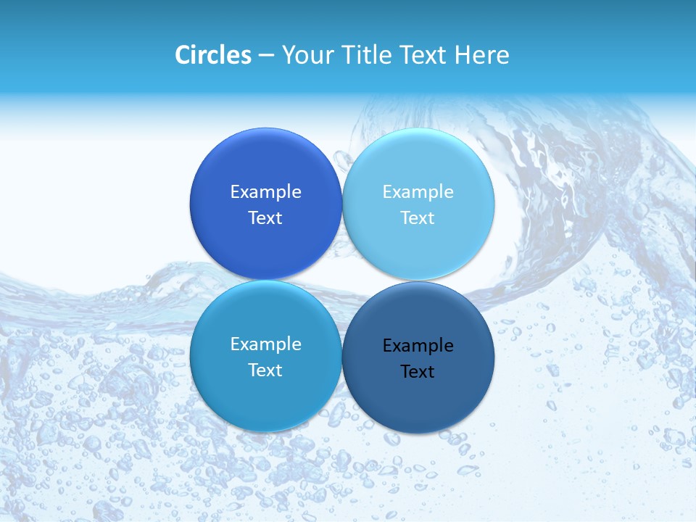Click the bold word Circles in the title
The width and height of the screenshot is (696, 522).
pyautogui.click(x=212, y=55)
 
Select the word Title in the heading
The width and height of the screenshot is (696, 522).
pyautogui.click(x=360, y=55)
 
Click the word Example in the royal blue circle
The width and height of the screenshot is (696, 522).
pyautogui.click(x=265, y=192)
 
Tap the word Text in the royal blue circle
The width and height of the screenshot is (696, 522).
pyautogui.click(x=265, y=218)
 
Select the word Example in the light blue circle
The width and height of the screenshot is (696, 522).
pyautogui.click(x=418, y=192)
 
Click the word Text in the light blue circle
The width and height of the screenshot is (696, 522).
pyautogui.click(x=418, y=218)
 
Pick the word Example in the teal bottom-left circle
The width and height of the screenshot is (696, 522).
pyautogui.click(x=265, y=344)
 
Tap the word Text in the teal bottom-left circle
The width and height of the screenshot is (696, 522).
pyautogui.click(x=265, y=370)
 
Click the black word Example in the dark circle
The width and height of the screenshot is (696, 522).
pyautogui.click(x=418, y=346)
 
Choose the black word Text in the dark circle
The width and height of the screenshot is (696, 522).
pyautogui.click(x=418, y=372)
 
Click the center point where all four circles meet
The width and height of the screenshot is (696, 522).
pyautogui.click(x=342, y=281)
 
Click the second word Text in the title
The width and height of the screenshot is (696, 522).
pyautogui.click(x=420, y=55)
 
